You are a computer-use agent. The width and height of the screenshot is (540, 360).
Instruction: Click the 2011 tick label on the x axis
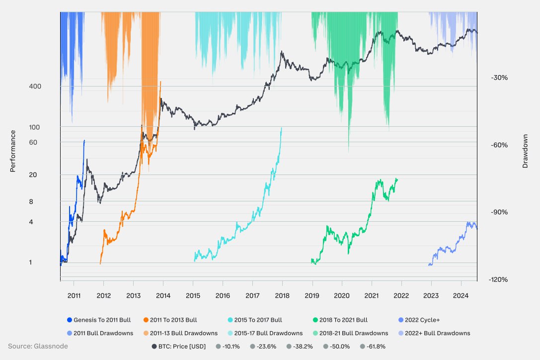point(74,296)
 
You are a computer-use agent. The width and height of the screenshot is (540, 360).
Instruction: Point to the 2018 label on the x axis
point(282,296)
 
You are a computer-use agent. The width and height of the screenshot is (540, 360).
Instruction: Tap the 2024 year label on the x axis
point(461,296)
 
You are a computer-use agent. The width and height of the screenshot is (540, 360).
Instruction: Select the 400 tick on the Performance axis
point(35,87)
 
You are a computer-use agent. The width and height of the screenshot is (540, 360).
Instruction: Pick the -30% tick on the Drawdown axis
point(499,78)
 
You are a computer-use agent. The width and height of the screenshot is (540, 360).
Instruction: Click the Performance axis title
point(13,151)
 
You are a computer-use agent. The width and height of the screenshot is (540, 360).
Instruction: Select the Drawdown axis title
point(525,151)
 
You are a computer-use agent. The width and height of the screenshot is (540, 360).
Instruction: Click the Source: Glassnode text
point(38,346)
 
